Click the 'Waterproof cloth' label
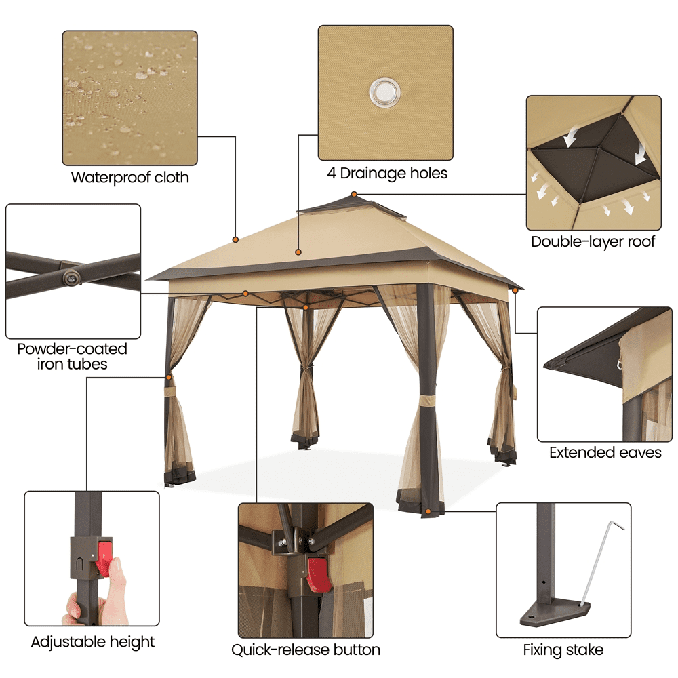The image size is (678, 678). point(129,178)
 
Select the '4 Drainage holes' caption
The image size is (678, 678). point(387,174)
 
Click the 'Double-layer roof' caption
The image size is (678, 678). point(593,241)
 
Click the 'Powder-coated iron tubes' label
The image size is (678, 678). point(72,357)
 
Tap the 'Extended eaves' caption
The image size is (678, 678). point(605,452)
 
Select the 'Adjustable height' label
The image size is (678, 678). point(93,641)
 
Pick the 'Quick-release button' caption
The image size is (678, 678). point(306,650)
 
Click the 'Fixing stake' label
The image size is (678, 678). point(563,650)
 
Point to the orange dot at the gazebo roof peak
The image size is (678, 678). point(353,195)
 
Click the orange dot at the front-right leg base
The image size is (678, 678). point(428,510)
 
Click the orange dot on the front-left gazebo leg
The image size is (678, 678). point(167,377)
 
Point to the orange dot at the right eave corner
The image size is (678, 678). point(515,290)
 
